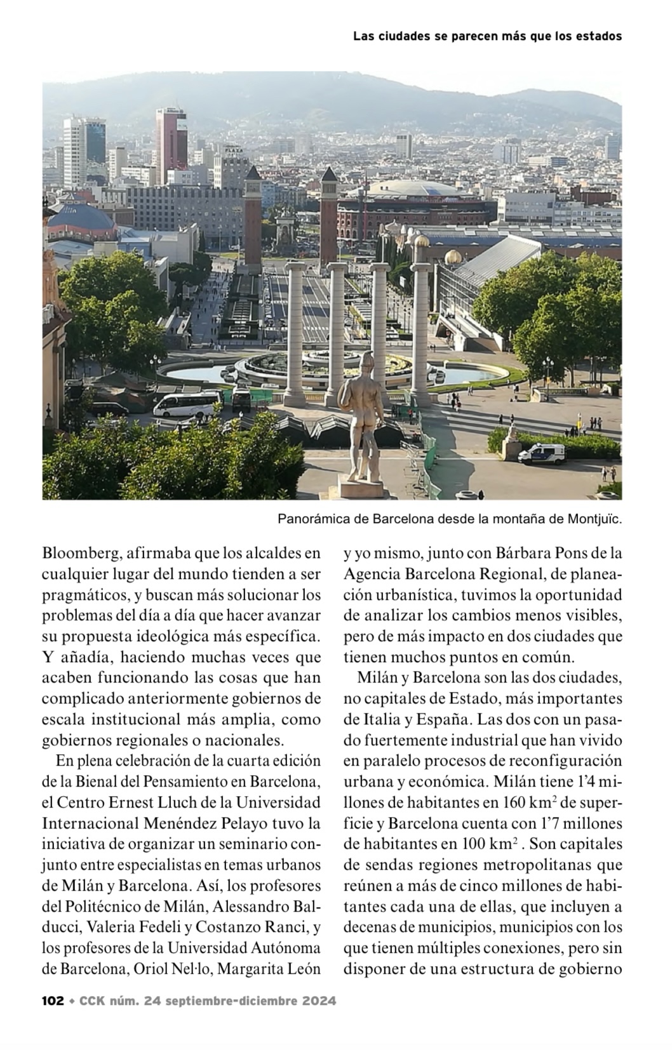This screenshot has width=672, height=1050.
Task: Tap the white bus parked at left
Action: tap(188, 404)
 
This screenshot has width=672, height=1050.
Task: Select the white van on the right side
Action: tap(541, 453)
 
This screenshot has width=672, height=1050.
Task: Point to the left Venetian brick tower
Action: tap(252, 216)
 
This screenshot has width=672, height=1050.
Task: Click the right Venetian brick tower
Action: tap(328, 216)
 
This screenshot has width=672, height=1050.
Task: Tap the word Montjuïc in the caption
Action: tap(593, 519)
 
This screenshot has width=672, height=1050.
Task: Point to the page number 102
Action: tap(53, 1001)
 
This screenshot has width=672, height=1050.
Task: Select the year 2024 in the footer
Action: tap(319, 1001)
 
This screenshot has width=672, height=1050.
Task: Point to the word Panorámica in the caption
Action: tap(314, 519)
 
